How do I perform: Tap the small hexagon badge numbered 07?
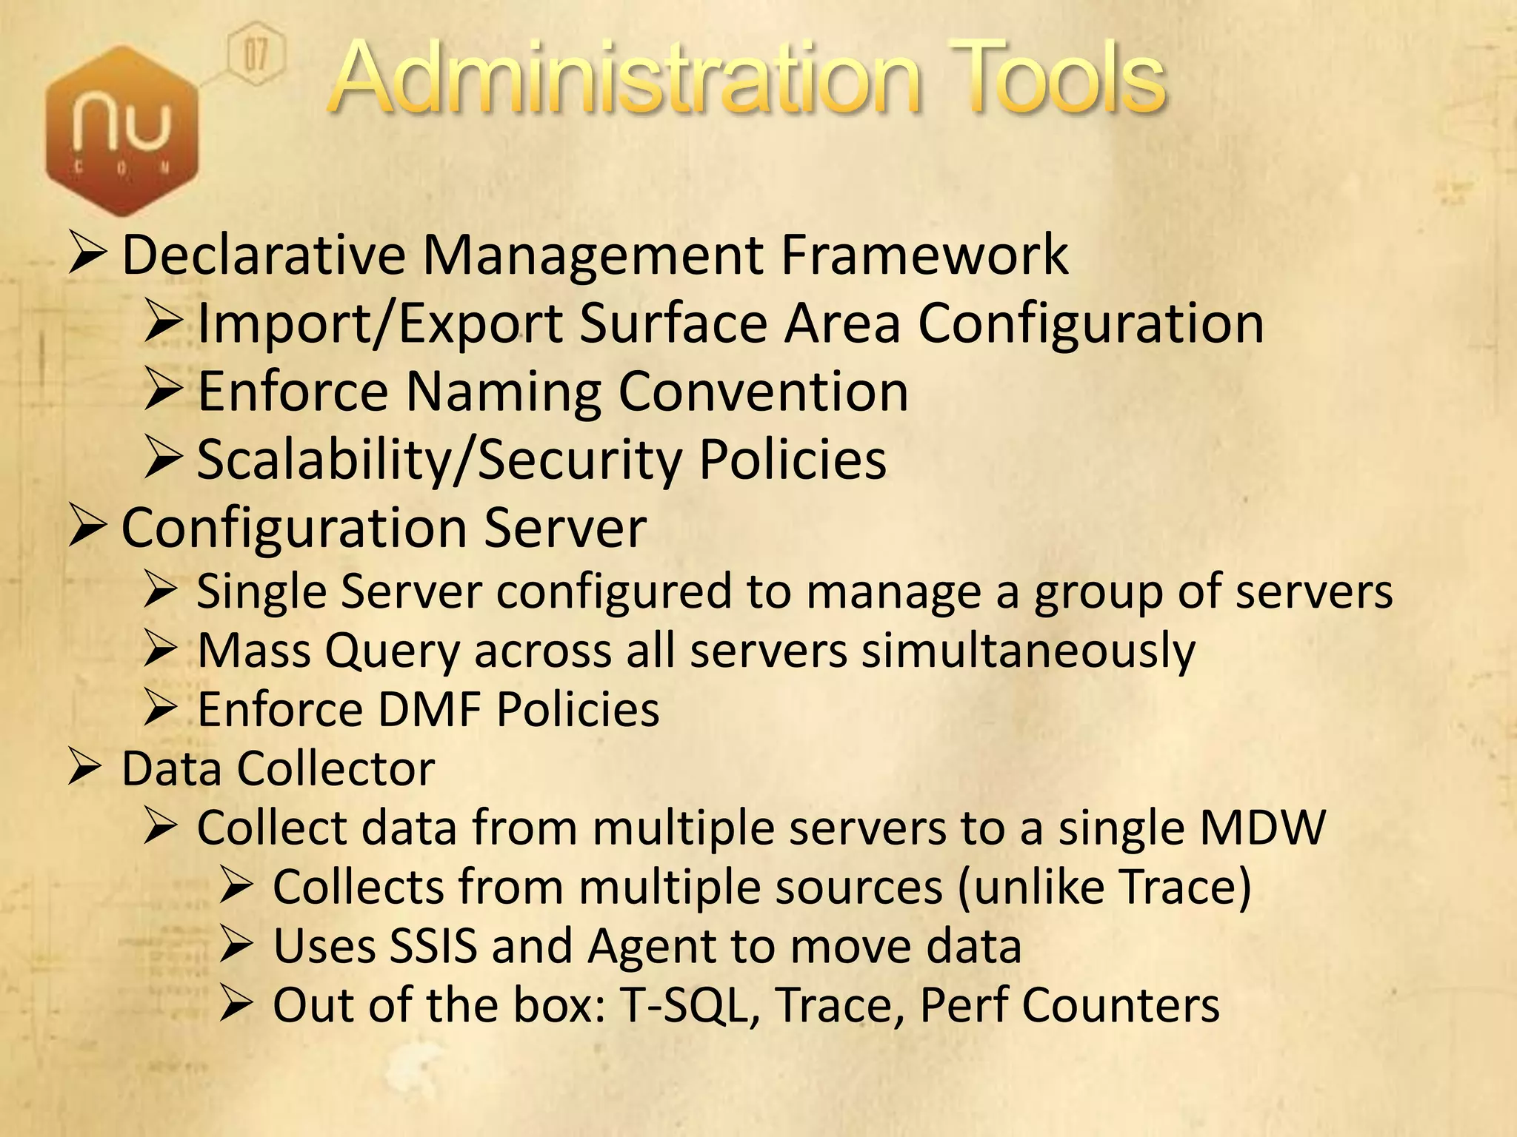[x=255, y=54]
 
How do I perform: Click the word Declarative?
[x=264, y=255]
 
